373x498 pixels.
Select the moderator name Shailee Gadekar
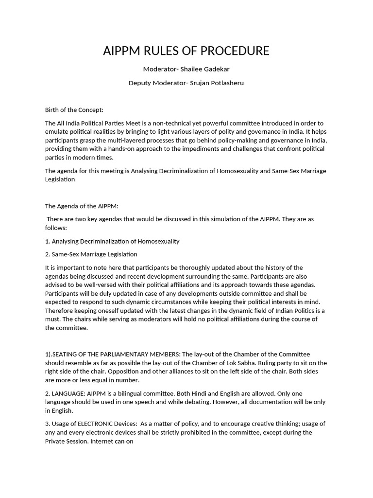[201, 69]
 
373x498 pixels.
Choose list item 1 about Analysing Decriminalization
[112, 241]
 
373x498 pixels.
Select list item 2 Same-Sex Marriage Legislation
[91, 254]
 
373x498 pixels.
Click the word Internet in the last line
[102, 441]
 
